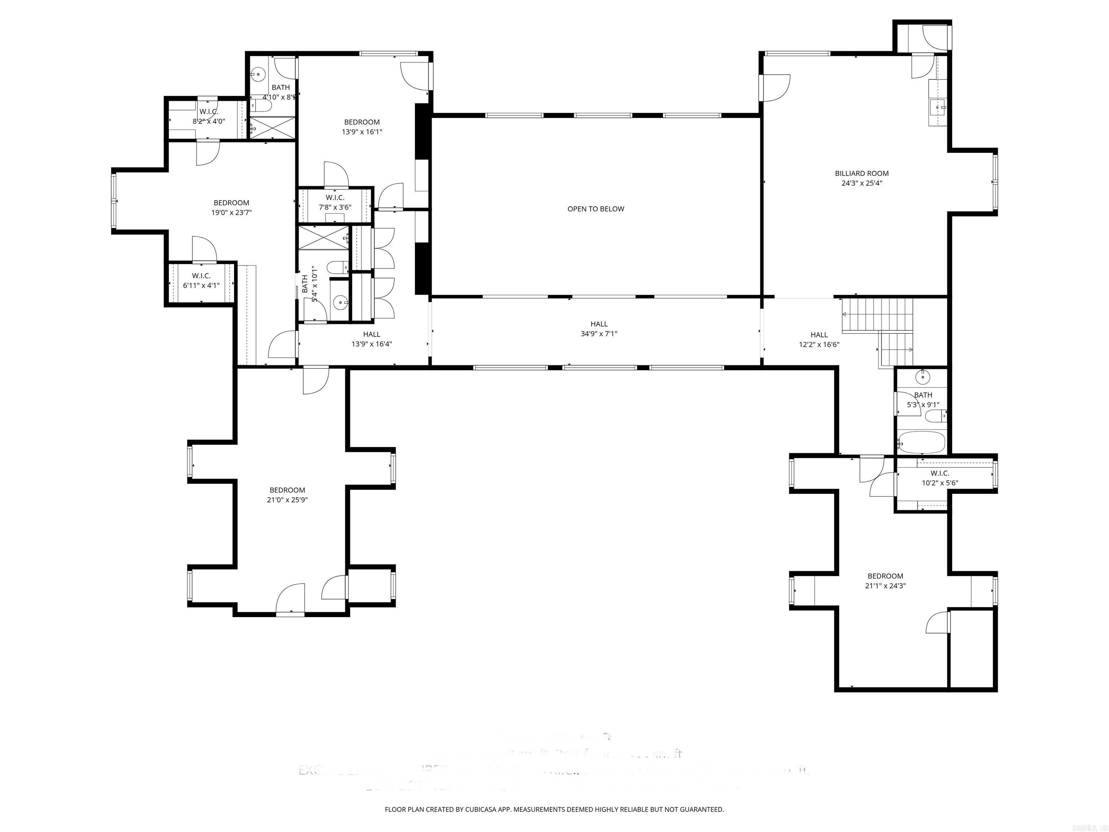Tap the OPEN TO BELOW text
click(x=596, y=209)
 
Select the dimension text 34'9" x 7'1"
click(x=599, y=334)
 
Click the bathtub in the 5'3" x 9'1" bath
click(x=922, y=442)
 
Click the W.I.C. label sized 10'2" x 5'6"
click(x=940, y=473)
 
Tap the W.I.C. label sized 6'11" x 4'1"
click(x=201, y=276)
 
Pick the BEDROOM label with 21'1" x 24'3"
click(x=886, y=576)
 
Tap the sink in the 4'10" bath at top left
click(x=258, y=75)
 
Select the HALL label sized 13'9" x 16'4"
click(x=371, y=334)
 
